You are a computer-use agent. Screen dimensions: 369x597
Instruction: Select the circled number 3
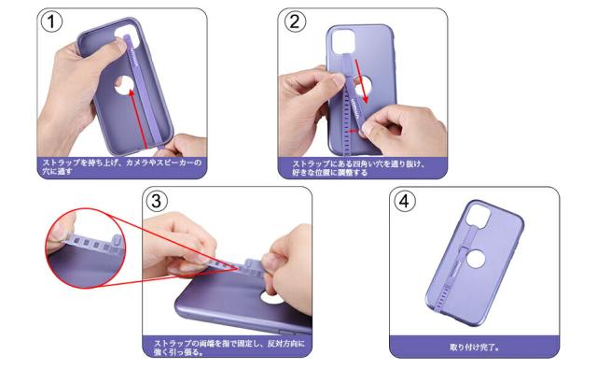click(x=158, y=200)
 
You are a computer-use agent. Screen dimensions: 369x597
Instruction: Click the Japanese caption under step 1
click(x=120, y=166)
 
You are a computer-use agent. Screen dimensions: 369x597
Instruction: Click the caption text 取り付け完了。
click(x=474, y=347)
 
